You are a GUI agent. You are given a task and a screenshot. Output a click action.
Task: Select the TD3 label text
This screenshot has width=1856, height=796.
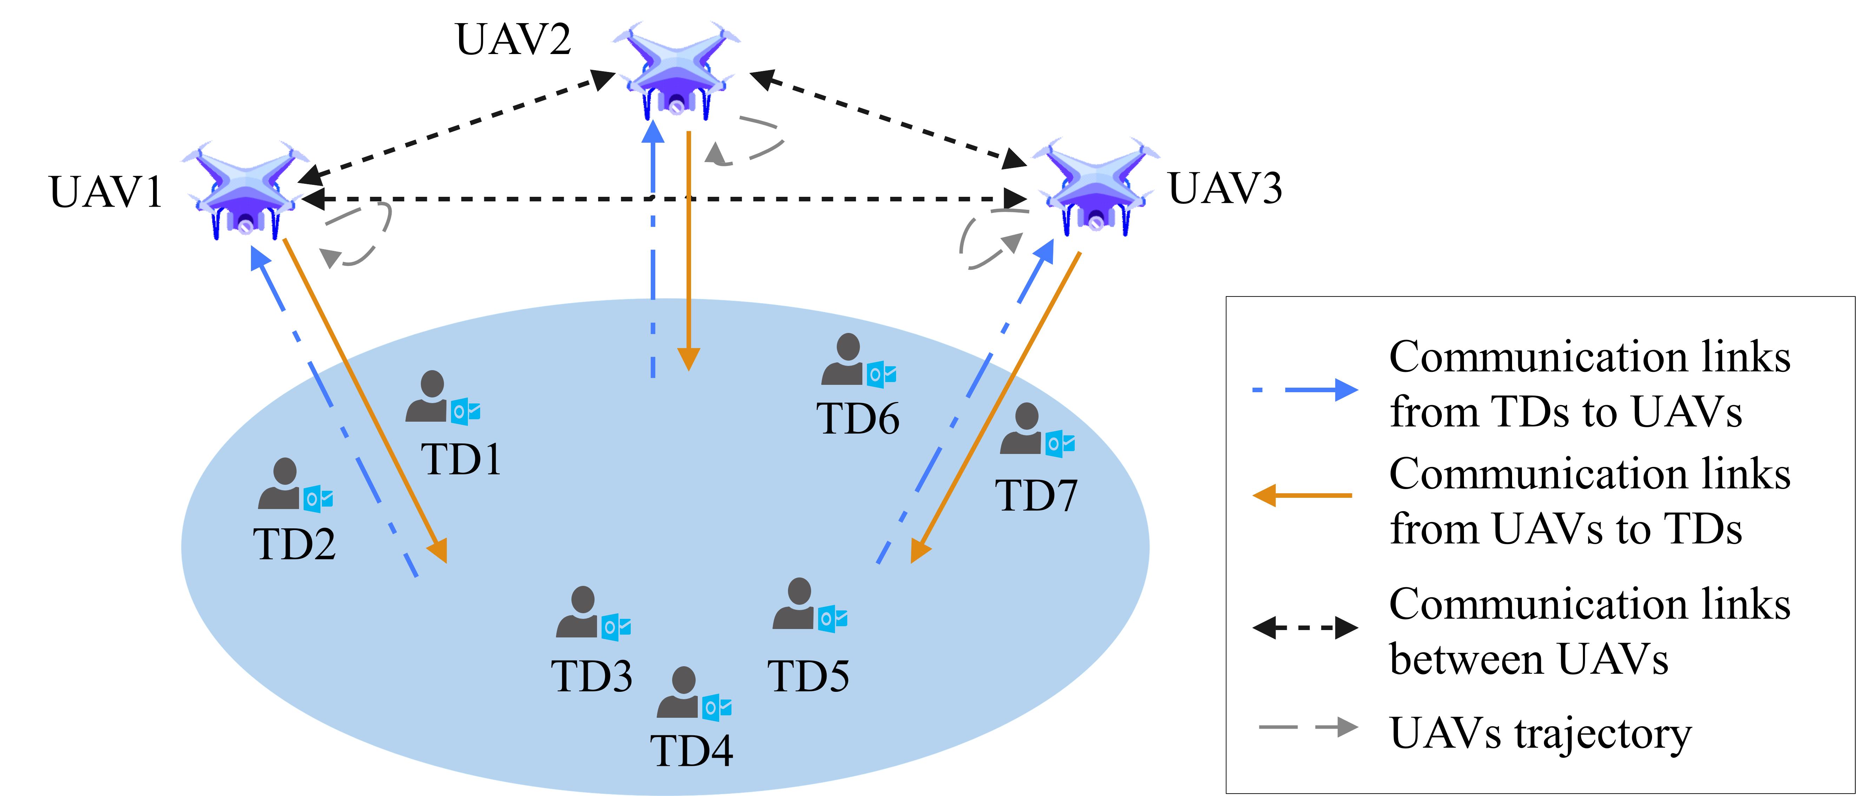[x=591, y=676]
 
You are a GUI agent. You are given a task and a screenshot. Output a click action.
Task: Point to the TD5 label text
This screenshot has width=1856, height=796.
[x=808, y=676]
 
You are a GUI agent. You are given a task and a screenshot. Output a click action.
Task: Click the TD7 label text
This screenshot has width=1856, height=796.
[x=1036, y=496]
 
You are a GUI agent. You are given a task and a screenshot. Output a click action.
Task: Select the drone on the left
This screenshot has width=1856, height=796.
[x=245, y=189]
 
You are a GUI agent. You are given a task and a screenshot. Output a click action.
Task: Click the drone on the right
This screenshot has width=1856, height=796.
[x=1095, y=186]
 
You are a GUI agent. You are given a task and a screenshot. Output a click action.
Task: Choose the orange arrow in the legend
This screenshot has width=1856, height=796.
[x=1302, y=496]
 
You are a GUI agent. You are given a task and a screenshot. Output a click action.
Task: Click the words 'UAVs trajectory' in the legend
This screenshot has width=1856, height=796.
[x=1540, y=733]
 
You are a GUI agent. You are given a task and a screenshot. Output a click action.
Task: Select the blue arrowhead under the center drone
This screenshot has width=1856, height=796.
[x=653, y=133]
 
